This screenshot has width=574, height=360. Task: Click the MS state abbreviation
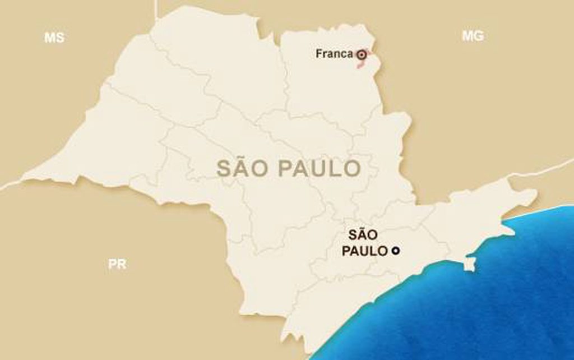pos(54,38)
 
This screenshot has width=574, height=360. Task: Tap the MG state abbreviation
pos(473,36)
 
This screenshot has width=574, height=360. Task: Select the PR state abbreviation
pos(117,265)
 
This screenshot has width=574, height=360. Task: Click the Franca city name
pos(334,54)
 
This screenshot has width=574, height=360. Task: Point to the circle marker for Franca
pos(362,54)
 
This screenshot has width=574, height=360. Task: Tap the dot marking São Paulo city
pos(395,251)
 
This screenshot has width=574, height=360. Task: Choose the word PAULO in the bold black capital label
pos(364,251)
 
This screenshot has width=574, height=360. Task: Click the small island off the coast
pos(470,264)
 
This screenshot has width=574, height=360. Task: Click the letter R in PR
pos(122,265)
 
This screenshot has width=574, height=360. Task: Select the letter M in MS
pos(49,38)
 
